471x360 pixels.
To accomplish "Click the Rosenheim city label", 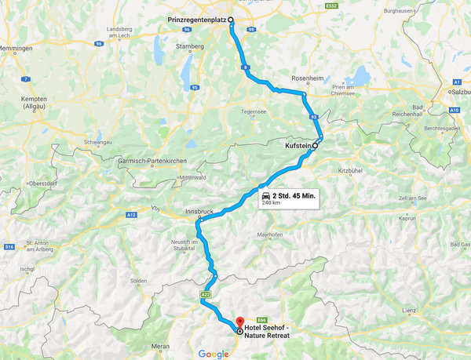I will [x=307, y=79].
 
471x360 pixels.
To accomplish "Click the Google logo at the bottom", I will [x=214, y=354].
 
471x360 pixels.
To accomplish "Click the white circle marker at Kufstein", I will [x=316, y=145].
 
